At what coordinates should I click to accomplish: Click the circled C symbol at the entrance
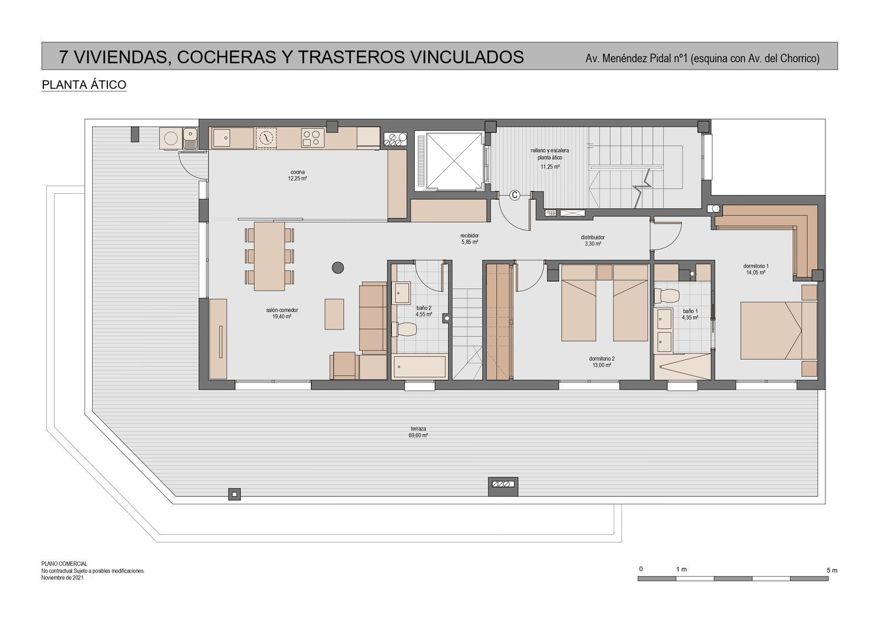[x=515, y=195]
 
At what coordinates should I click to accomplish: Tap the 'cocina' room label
[x=297, y=172]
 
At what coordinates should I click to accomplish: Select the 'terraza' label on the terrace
[x=418, y=429]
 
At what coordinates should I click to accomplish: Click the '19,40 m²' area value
[x=282, y=316]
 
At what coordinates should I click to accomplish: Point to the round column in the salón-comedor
[x=338, y=268]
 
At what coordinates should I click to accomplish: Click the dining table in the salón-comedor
[x=269, y=257]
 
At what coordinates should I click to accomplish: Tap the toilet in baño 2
[x=404, y=329]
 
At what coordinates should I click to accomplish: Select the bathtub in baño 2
[x=419, y=366]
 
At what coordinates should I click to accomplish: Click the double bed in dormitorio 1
[x=779, y=331]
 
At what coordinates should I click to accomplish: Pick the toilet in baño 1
[x=666, y=296]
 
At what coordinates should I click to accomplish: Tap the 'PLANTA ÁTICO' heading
[x=84, y=85]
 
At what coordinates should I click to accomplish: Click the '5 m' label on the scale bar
[x=832, y=570]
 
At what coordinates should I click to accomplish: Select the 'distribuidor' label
[x=593, y=237]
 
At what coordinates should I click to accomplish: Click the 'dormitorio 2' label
[x=602, y=359]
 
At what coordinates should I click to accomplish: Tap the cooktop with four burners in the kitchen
[x=313, y=137]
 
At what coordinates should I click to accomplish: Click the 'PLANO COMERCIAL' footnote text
[x=65, y=564]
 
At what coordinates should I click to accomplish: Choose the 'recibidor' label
[x=469, y=235]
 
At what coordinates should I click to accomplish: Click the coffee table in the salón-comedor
[x=334, y=314]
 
